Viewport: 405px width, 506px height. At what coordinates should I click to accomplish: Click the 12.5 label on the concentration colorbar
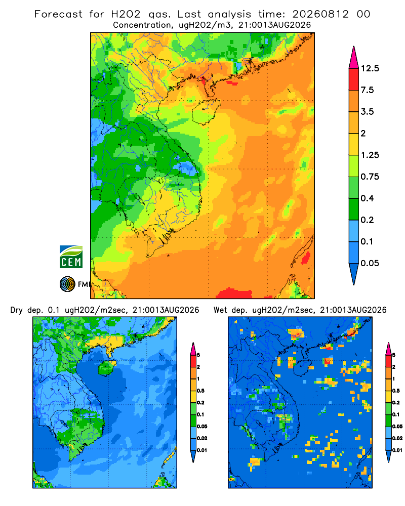370,68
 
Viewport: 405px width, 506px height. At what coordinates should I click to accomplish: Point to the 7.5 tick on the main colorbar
367,90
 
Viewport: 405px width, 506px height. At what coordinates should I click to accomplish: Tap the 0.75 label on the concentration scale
370,177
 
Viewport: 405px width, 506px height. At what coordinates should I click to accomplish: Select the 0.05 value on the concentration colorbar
370,263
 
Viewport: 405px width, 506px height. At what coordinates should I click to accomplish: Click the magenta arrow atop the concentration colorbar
354,58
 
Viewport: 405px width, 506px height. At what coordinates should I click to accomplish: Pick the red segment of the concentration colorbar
354,79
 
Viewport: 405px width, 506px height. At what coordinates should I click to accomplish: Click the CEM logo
71,257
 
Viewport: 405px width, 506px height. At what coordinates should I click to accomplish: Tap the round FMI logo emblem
67,284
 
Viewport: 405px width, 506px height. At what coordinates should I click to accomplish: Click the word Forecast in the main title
58,14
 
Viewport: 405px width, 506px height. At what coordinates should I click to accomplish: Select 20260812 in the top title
320,14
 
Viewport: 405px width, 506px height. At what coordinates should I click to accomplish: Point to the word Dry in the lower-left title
17,310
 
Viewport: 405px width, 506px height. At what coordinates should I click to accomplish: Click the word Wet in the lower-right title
221,310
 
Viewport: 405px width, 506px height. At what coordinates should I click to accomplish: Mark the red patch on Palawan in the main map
306,258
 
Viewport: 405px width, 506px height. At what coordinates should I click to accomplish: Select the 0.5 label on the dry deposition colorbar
200,391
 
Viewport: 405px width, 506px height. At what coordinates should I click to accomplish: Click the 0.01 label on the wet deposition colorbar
397,450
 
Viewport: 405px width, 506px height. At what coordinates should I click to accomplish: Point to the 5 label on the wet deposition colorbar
394,355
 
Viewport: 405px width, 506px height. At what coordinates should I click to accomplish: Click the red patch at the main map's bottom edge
234,293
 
